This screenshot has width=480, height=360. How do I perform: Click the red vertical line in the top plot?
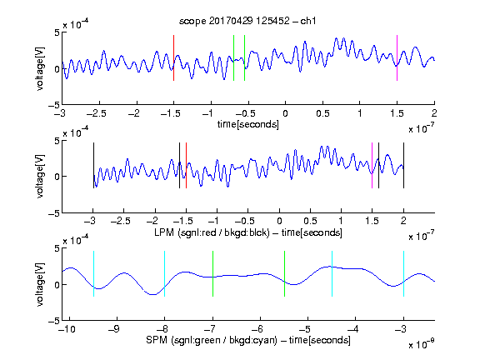173,57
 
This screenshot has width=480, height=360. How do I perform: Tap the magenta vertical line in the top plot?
397,57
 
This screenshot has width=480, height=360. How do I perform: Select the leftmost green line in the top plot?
233,57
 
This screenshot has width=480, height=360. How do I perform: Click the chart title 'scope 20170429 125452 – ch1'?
247,21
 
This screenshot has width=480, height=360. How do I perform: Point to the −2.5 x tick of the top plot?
96,113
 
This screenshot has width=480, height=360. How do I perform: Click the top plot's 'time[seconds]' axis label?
248,124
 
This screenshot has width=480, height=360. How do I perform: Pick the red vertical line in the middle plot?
186,165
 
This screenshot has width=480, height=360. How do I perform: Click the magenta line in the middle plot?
372,165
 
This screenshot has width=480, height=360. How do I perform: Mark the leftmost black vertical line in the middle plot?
93,165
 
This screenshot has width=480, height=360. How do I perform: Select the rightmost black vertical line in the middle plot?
403,165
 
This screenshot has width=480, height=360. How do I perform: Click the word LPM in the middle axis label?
164,232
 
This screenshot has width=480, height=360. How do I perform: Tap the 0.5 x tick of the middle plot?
310,221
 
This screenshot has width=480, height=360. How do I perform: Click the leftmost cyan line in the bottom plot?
93,273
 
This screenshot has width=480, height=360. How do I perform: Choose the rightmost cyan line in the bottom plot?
403,273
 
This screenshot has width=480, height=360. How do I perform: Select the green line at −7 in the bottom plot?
212,273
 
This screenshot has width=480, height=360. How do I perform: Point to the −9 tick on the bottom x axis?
114,329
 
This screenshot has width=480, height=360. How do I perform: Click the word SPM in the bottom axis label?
157,340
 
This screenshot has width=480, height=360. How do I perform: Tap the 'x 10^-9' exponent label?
421,344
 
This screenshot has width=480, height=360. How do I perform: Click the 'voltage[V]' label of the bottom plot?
40,284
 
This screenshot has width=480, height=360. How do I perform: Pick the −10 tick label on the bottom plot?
67,329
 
